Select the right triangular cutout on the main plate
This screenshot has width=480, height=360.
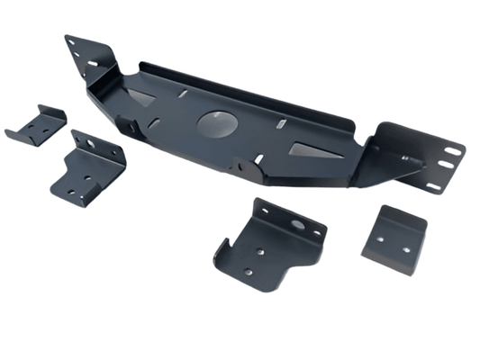click(317, 154)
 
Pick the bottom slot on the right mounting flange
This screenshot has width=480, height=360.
click(433, 186)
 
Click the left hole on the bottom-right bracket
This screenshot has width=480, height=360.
click(379, 240)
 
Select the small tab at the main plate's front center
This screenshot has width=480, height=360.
click(246, 167)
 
